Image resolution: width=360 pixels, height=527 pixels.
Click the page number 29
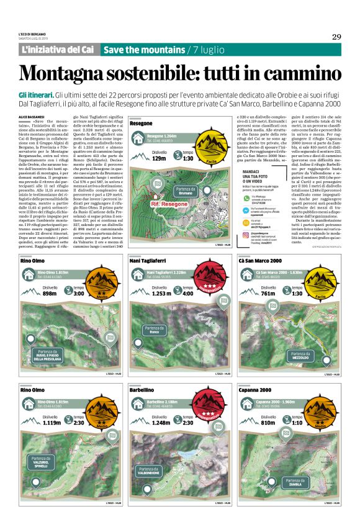pos(336,37)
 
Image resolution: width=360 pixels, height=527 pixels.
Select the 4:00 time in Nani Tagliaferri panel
pos(189,293)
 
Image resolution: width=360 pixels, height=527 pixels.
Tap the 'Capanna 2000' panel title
pos(256,390)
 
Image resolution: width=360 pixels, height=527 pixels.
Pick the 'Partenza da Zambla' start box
pos(297,482)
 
